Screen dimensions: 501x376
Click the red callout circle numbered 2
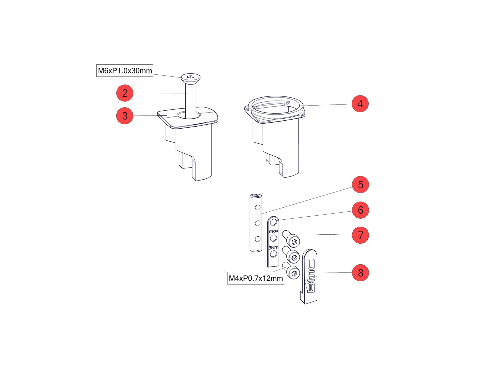coord(125,93)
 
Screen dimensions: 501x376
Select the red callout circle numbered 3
coord(125,116)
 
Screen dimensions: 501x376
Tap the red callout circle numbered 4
coord(360,104)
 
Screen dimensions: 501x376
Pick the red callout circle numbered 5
coord(360,184)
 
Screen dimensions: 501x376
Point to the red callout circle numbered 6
coord(360,210)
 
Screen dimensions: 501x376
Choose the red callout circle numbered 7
coord(360,235)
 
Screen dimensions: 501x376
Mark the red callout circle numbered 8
coord(360,273)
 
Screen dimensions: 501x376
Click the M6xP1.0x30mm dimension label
coord(125,71)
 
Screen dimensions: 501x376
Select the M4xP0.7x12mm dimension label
coord(256,278)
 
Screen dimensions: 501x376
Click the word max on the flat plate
coord(274,231)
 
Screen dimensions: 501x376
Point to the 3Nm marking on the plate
coord(274,247)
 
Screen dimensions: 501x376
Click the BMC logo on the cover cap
coord(311,276)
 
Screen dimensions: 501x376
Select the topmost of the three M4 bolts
coord(291,239)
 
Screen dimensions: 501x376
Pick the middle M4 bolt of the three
coord(291,254)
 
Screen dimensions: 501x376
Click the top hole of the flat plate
coord(273,222)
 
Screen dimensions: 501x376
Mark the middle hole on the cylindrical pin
coord(258,223)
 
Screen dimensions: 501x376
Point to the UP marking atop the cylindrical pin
coord(256,196)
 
